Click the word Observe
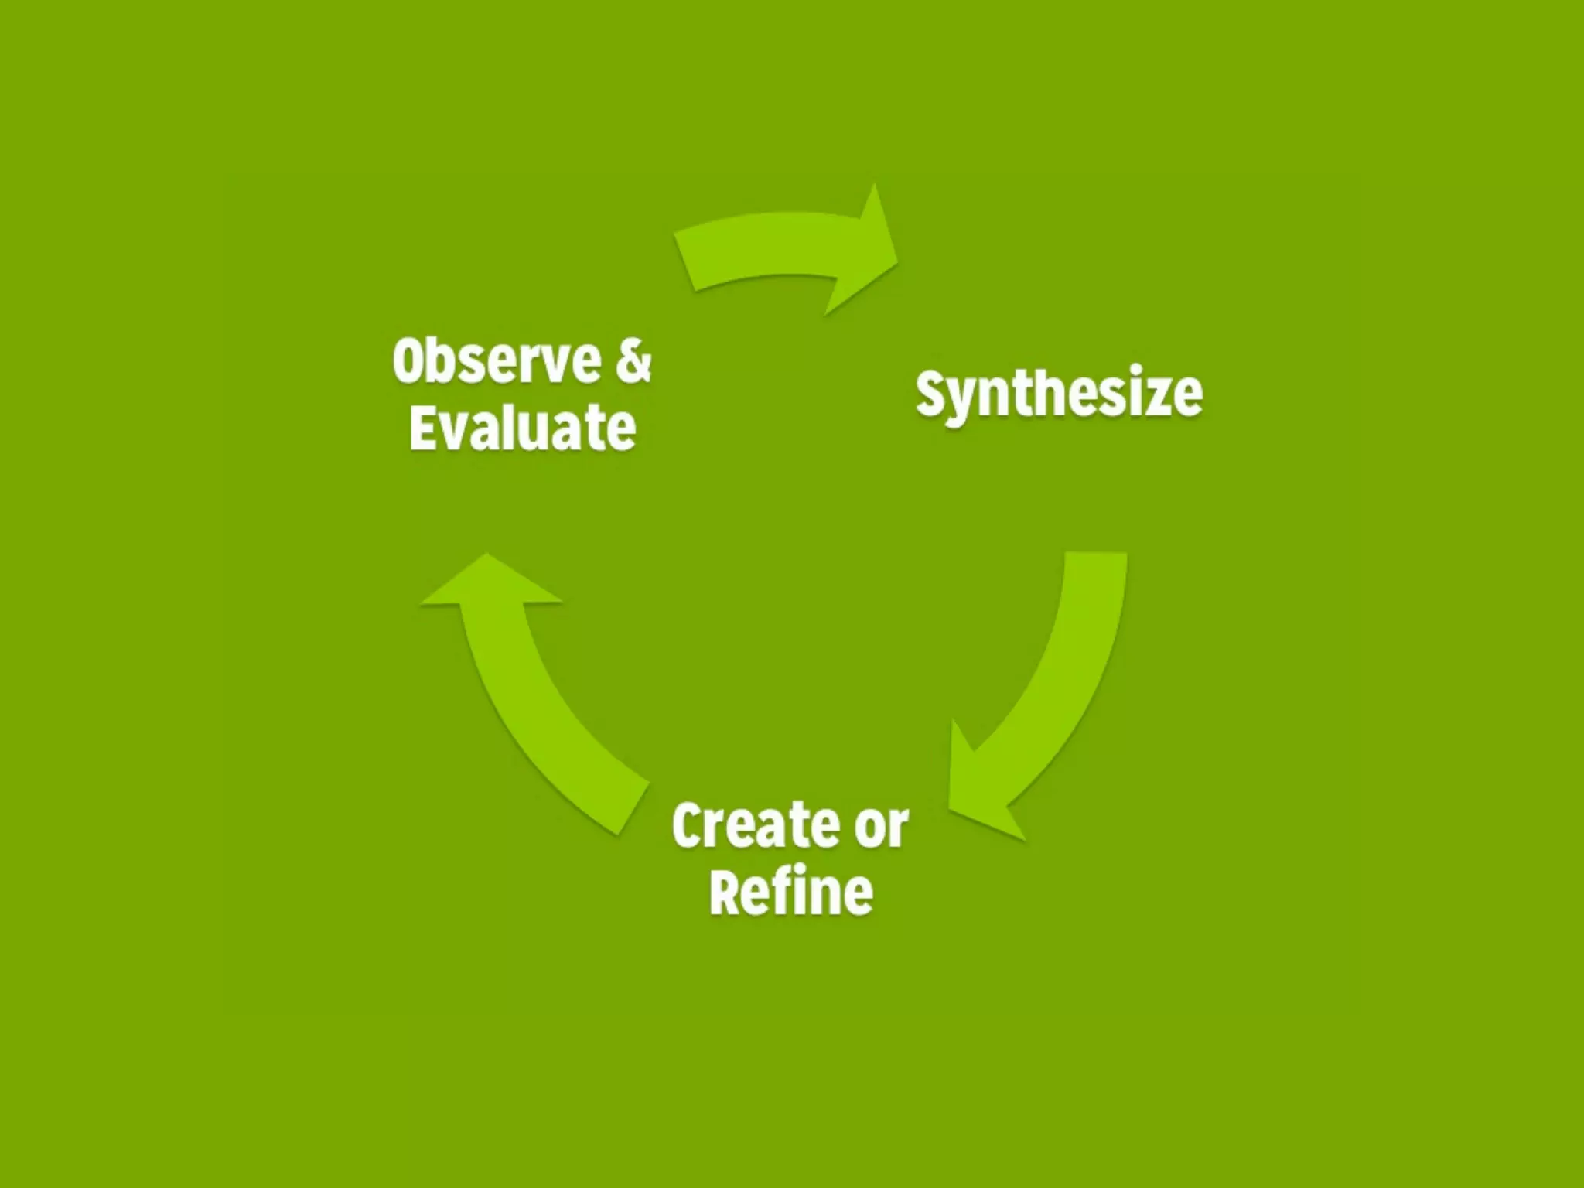[x=497, y=361]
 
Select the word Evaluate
[x=522, y=428]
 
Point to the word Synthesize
[x=1059, y=394]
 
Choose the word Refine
[x=791, y=892]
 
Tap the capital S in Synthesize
[x=932, y=392]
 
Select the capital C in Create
[x=688, y=825]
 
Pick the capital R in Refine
[x=725, y=892]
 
